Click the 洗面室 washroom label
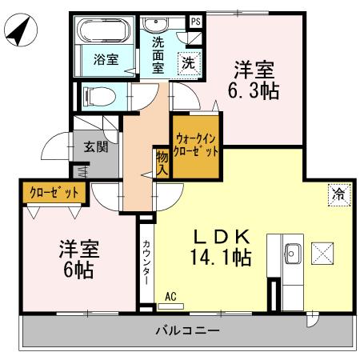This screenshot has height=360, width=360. tap(158, 55)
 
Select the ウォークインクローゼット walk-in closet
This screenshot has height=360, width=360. tap(194, 146)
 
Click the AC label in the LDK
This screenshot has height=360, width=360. tap(170, 297)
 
